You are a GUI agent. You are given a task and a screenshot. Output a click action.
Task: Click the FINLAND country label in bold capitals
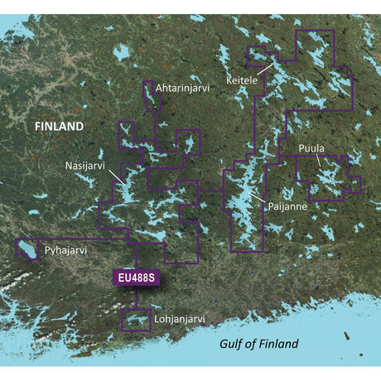click(59, 127)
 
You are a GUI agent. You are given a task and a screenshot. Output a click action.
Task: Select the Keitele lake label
click(242, 80)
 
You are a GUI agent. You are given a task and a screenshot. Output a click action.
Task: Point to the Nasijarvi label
click(85, 166)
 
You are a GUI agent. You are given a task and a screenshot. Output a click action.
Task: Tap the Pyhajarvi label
click(66, 248)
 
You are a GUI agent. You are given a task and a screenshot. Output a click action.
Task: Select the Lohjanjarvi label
click(179, 317)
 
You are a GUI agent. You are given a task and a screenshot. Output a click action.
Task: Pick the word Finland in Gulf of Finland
click(277, 344)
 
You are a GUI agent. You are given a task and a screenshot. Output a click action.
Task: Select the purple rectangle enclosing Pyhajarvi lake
click(16, 249)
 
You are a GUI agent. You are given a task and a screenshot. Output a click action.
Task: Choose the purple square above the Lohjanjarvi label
click(123, 320)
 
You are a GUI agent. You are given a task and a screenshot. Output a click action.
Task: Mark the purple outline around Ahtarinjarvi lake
click(143, 95)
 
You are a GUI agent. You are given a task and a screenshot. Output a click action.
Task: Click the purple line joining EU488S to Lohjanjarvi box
click(136, 298)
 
